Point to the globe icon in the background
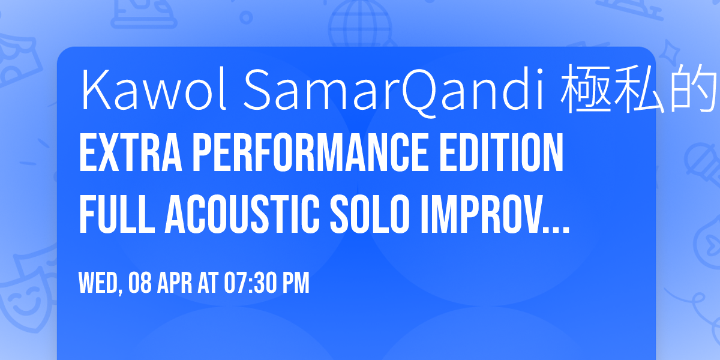(x=356, y=21)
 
